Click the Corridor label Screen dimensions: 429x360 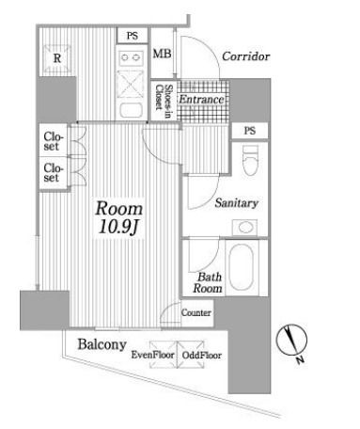(245, 57)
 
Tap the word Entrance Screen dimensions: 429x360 (199, 100)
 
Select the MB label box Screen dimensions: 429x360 (162, 56)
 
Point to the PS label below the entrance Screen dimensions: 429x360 (249, 131)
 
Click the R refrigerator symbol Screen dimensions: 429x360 (57, 57)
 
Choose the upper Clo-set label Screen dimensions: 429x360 (52, 141)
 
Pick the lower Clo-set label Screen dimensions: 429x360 (52, 172)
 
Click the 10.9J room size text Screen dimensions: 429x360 (117, 227)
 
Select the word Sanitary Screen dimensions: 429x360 (236, 203)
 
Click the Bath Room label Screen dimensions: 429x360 (208, 283)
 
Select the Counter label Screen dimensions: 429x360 (196, 312)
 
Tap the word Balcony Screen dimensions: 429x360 (102, 344)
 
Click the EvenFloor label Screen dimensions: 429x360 (154, 356)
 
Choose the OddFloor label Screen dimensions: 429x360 (201, 356)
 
